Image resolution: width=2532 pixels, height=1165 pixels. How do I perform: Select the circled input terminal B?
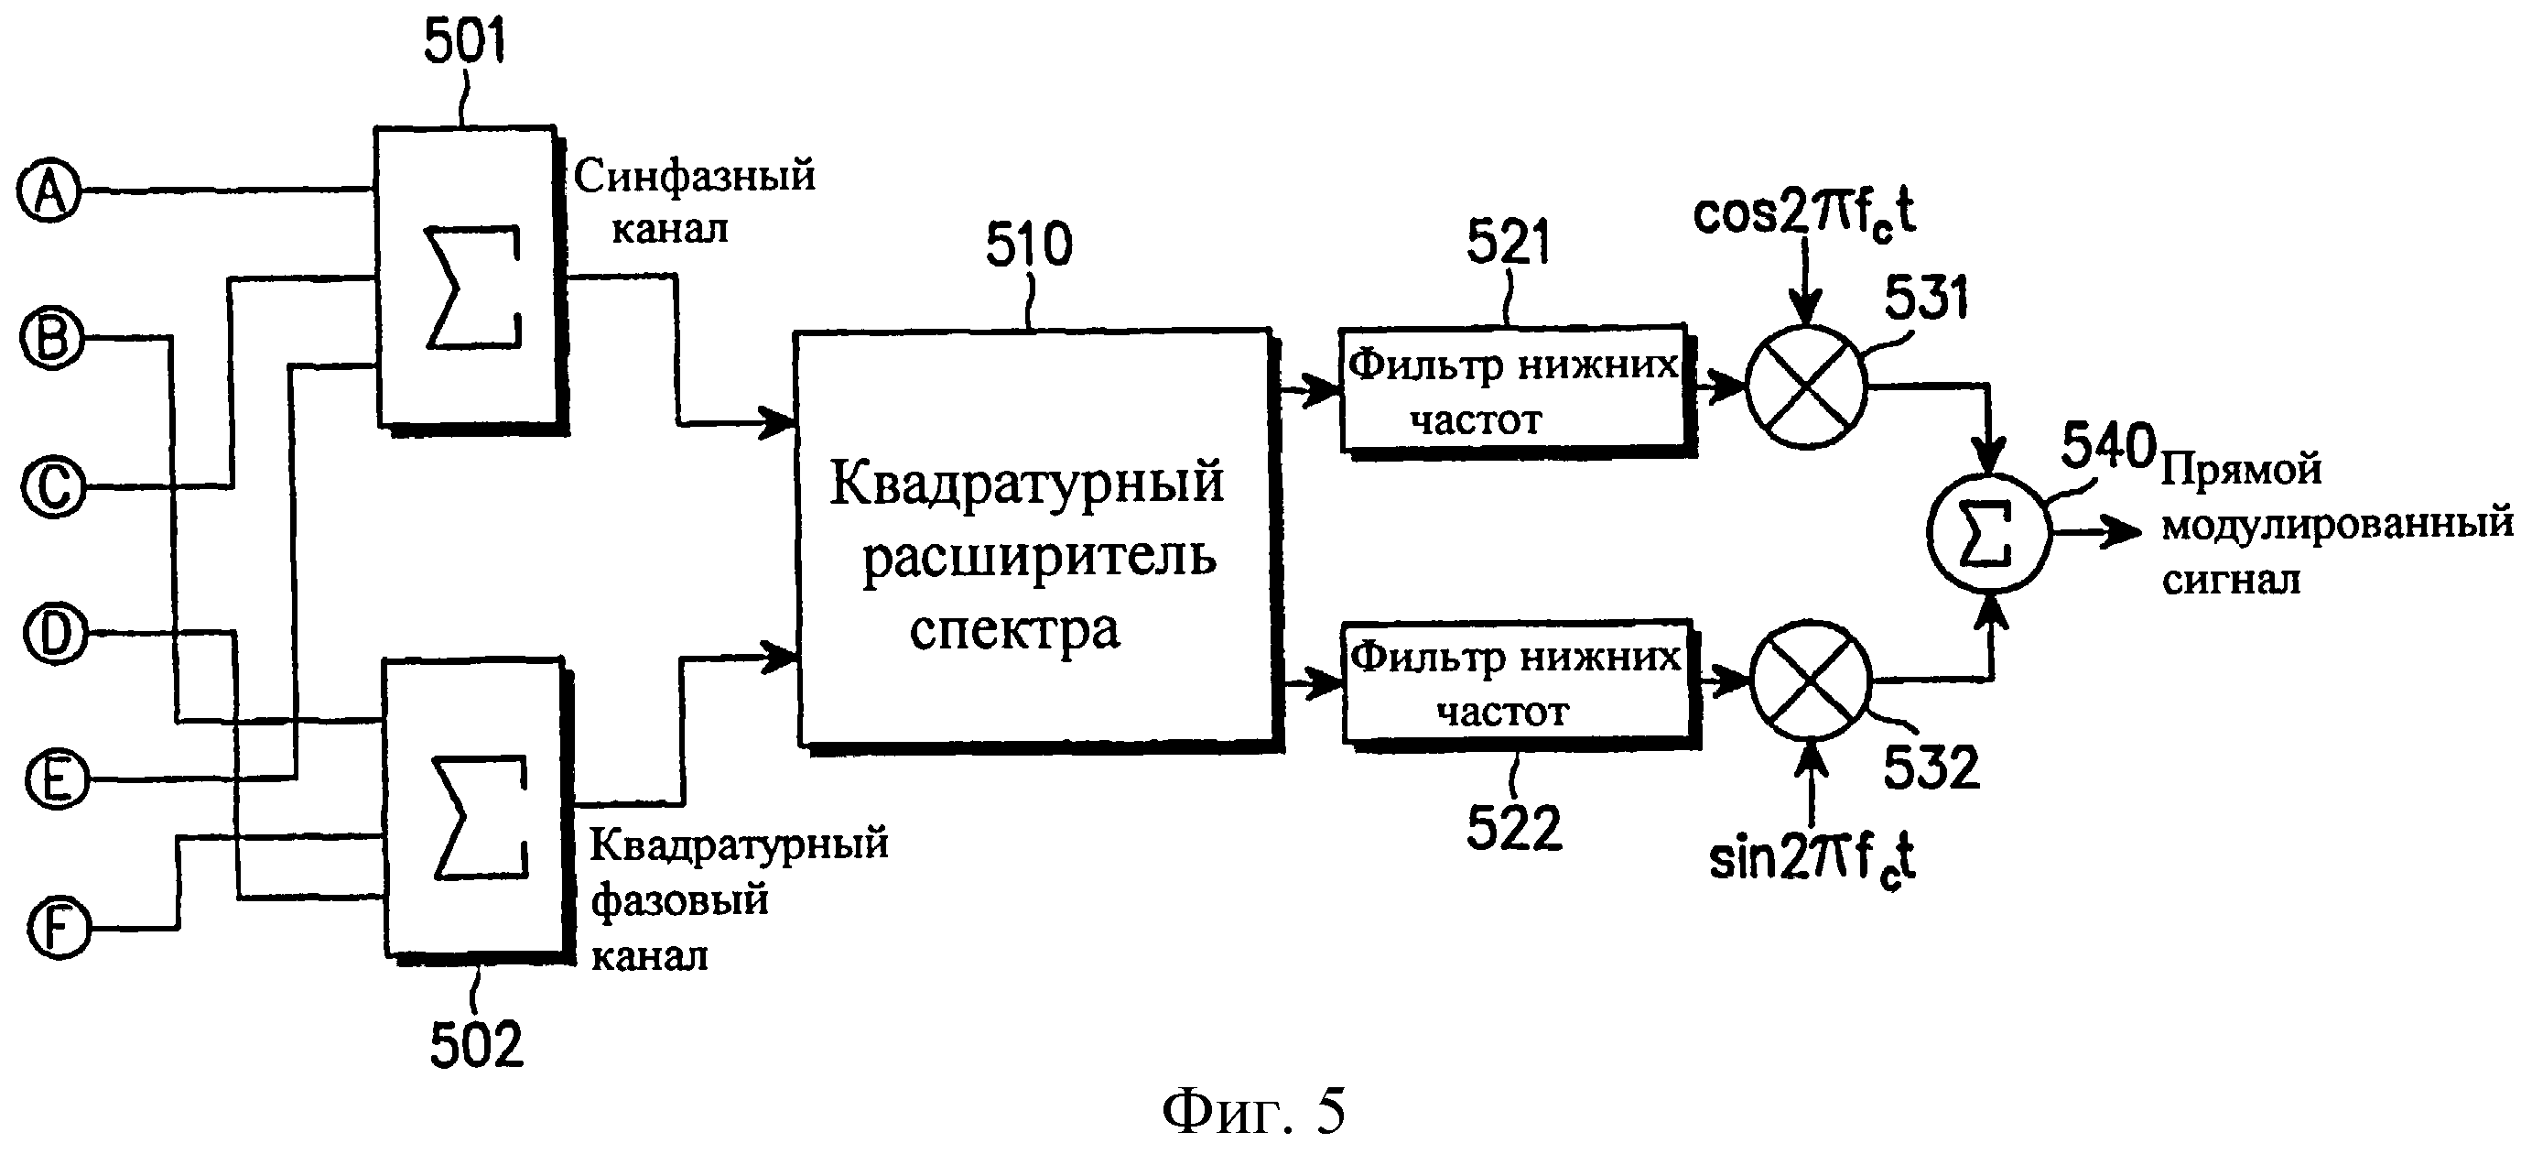point(52,337)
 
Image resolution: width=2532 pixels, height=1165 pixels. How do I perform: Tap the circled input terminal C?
point(54,485)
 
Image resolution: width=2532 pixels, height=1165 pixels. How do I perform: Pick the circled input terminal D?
point(55,633)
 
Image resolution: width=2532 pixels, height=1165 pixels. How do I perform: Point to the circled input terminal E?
point(56,778)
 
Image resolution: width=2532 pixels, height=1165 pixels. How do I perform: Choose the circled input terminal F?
point(59,928)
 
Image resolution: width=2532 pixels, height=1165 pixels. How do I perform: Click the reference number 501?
point(464,42)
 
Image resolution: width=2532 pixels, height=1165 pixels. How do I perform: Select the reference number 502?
point(477,1044)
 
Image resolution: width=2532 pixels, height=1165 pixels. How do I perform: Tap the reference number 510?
point(1029,244)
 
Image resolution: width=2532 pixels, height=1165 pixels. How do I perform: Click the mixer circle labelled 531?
point(1805,387)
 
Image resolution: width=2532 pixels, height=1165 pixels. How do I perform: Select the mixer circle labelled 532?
point(1811,680)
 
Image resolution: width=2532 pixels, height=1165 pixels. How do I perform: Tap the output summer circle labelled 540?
point(1988,532)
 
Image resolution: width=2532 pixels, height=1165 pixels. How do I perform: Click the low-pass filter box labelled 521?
point(1513,389)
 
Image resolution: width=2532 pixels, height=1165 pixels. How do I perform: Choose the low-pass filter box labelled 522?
point(1515,681)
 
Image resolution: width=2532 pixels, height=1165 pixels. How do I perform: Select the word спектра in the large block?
point(1014,630)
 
